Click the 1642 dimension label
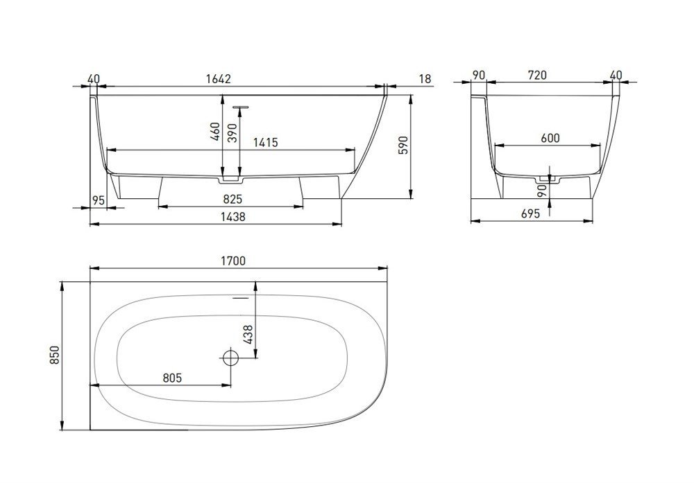(219, 79)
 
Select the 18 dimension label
(425, 79)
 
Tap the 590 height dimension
(403, 145)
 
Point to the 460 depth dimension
(215, 132)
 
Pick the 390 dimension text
(232, 132)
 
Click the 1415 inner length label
(266, 142)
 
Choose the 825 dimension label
(232, 200)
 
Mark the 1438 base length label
(232, 216)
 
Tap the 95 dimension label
(99, 200)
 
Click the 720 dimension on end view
(537, 75)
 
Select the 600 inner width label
(550, 138)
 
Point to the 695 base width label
(531, 214)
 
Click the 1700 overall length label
(232, 261)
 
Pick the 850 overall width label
(54, 355)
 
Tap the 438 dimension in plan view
(248, 335)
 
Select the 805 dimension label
(172, 378)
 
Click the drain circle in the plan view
(230, 357)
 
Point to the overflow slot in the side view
(241, 107)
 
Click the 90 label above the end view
(478, 75)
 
